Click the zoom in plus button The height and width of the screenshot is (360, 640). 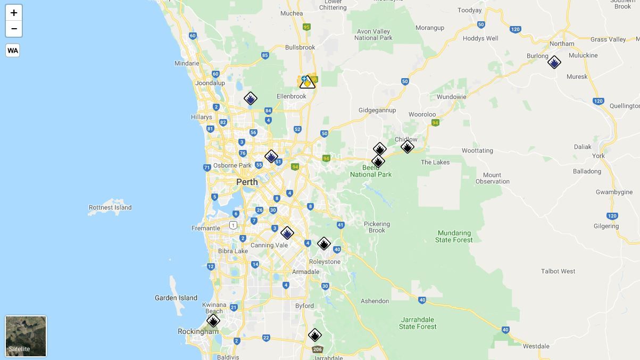pyautogui.click(x=14, y=13)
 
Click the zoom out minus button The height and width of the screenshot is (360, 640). pyautogui.click(x=14, y=29)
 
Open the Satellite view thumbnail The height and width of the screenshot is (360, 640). pyautogui.click(x=26, y=336)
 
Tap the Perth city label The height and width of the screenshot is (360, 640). pyautogui.click(x=247, y=182)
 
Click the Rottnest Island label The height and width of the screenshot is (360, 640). pyautogui.click(x=110, y=207)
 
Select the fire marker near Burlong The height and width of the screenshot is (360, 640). pyautogui.click(x=554, y=62)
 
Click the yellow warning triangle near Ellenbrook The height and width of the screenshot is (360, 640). pyautogui.click(x=307, y=82)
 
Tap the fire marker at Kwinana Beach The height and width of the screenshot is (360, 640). pyautogui.click(x=213, y=321)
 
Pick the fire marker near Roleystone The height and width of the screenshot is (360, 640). pyautogui.click(x=323, y=244)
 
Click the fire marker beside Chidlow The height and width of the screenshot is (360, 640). pyautogui.click(x=407, y=147)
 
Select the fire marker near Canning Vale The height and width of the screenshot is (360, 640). pyautogui.click(x=287, y=233)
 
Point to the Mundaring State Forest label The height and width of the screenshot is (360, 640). pyautogui.click(x=454, y=236)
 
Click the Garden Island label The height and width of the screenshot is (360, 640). pyautogui.click(x=176, y=298)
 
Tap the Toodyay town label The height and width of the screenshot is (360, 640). pyautogui.click(x=469, y=10)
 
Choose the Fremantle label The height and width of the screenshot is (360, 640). pyautogui.click(x=206, y=228)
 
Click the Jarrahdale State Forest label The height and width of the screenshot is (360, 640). pyautogui.click(x=418, y=323)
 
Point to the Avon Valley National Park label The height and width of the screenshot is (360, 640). pyautogui.click(x=373, y=35)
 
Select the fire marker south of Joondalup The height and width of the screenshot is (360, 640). pyautogui.click(x=250, y=98)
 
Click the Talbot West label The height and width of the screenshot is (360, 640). pyautogui.click(x=558, y=271)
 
